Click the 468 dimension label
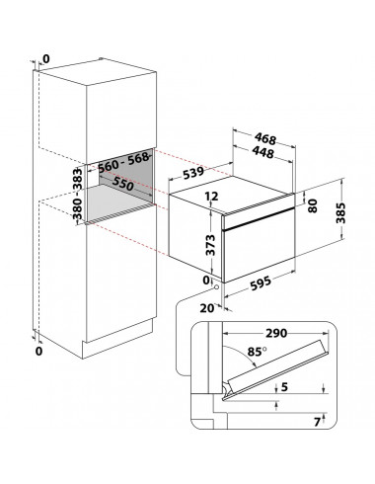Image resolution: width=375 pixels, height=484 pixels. (x=265, y=138)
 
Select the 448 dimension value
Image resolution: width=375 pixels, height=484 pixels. (x=263, y=152)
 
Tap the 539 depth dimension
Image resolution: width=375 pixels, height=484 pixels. (x=193, y=173)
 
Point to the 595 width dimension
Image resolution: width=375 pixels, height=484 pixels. (x=261, y=283)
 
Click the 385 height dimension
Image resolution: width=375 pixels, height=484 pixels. (x=341, y=213)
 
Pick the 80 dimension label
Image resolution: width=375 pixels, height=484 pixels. (x=313, y=205)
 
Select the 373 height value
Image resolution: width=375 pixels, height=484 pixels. (x=210, y=245)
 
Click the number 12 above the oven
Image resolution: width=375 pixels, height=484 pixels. (x=211, y=197)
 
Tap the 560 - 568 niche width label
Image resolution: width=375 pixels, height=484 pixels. (x=123, y=162)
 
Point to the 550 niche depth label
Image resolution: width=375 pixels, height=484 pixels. (x=123, y=184)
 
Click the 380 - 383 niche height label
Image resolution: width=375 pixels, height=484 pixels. (x=77, y=194)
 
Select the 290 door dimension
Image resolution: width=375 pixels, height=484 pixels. (x=276, y=333)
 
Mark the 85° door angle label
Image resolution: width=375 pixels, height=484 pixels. (x=257, y=352)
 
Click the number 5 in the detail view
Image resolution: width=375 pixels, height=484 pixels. (x=284, y=387)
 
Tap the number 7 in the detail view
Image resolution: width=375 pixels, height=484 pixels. (x=317, y=422)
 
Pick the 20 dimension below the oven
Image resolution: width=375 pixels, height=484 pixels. (x=207, y=308)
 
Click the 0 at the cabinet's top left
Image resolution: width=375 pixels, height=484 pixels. (x=46, y=59)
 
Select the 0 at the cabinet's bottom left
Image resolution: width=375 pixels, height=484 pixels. (x=38, y=351)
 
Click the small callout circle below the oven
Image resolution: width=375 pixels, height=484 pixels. (x=216, y=287)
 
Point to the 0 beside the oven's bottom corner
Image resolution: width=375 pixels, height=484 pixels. (x=206, y=281)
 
